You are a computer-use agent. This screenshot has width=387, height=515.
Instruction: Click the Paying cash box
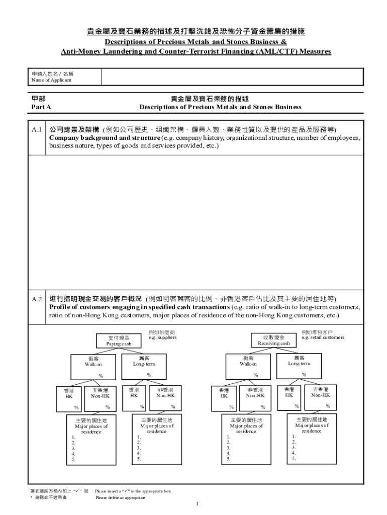click(x=119, y=340)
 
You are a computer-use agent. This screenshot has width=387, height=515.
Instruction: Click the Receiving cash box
click(x=274, y=340)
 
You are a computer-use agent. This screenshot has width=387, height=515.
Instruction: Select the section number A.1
click(x=37, y=130)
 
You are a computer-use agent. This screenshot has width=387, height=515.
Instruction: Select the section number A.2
click(x=37, y=299)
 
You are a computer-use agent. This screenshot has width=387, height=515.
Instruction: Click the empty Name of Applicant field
click(x=232, y=77)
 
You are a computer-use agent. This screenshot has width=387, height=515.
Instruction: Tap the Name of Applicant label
click(x=52, y=80)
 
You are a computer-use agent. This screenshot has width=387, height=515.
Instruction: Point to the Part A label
click(x=41, y=107)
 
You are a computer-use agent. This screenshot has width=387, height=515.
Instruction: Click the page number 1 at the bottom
click(x=198, y=503)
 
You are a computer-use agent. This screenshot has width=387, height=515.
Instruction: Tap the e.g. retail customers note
click(x=323, y=338)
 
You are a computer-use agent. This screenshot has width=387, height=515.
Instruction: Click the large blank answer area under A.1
click(x=195, y=221)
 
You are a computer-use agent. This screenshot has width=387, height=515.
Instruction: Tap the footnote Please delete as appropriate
click(x=120, y=497)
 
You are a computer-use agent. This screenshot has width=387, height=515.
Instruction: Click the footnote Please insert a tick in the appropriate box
click(x=133, y=490)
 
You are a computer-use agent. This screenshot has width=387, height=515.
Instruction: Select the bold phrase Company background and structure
click(x=105, y=138)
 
